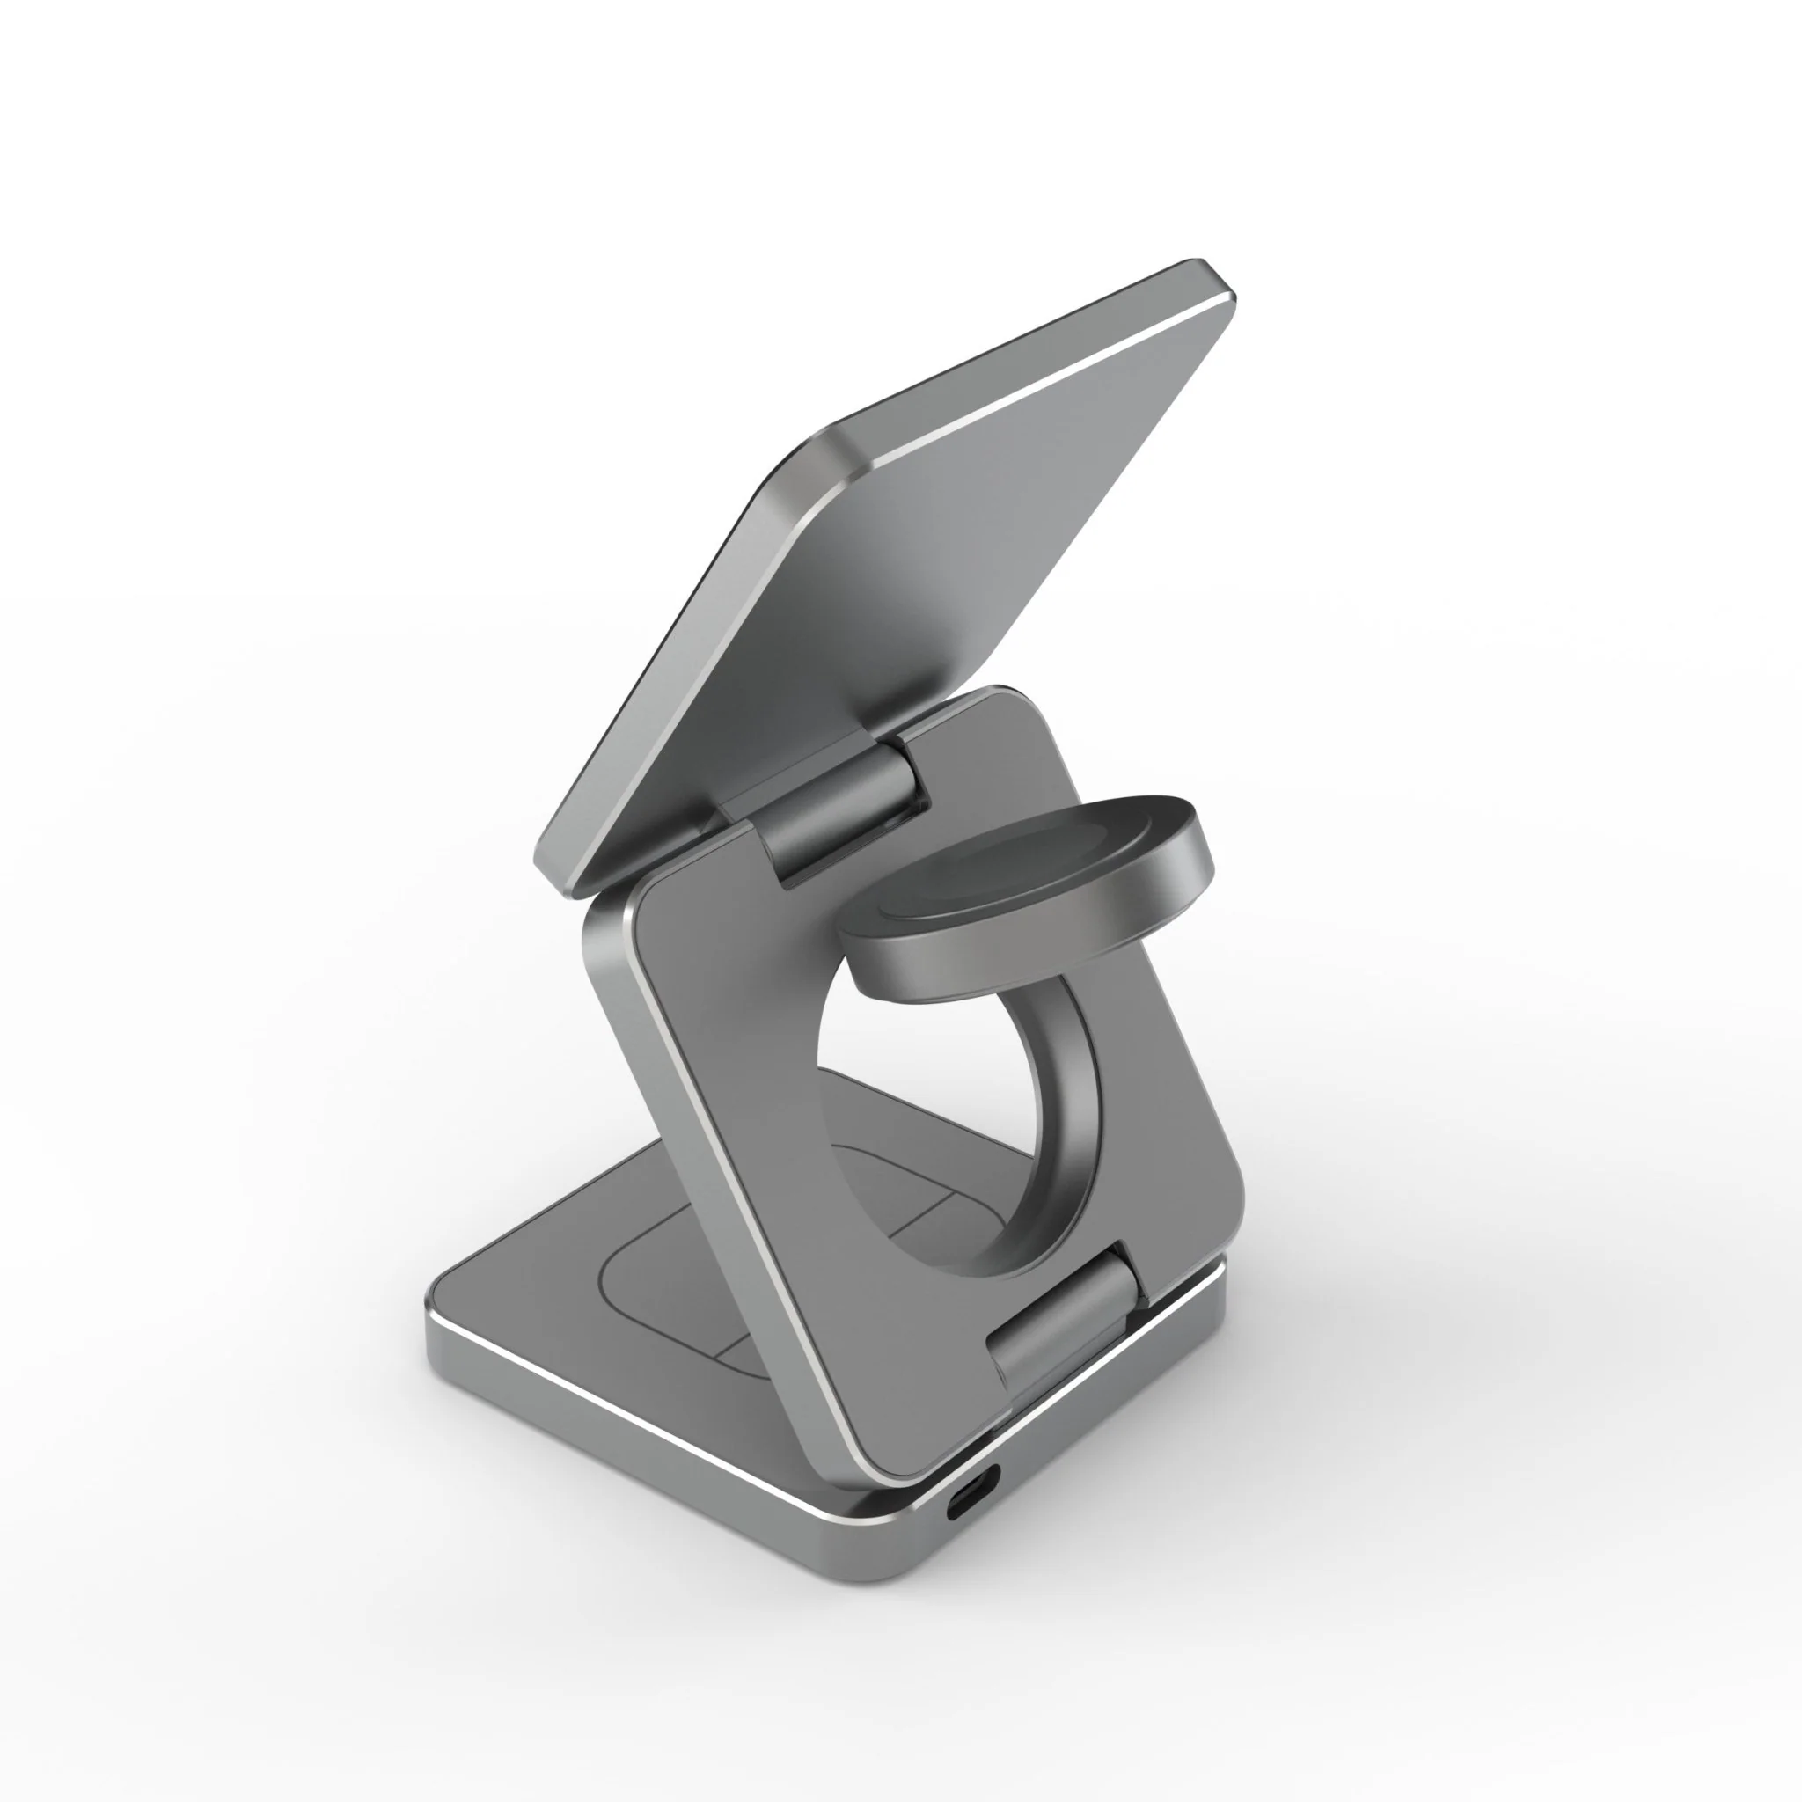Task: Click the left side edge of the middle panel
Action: coord(709,1212)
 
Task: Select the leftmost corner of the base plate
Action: coord(435,1306)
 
